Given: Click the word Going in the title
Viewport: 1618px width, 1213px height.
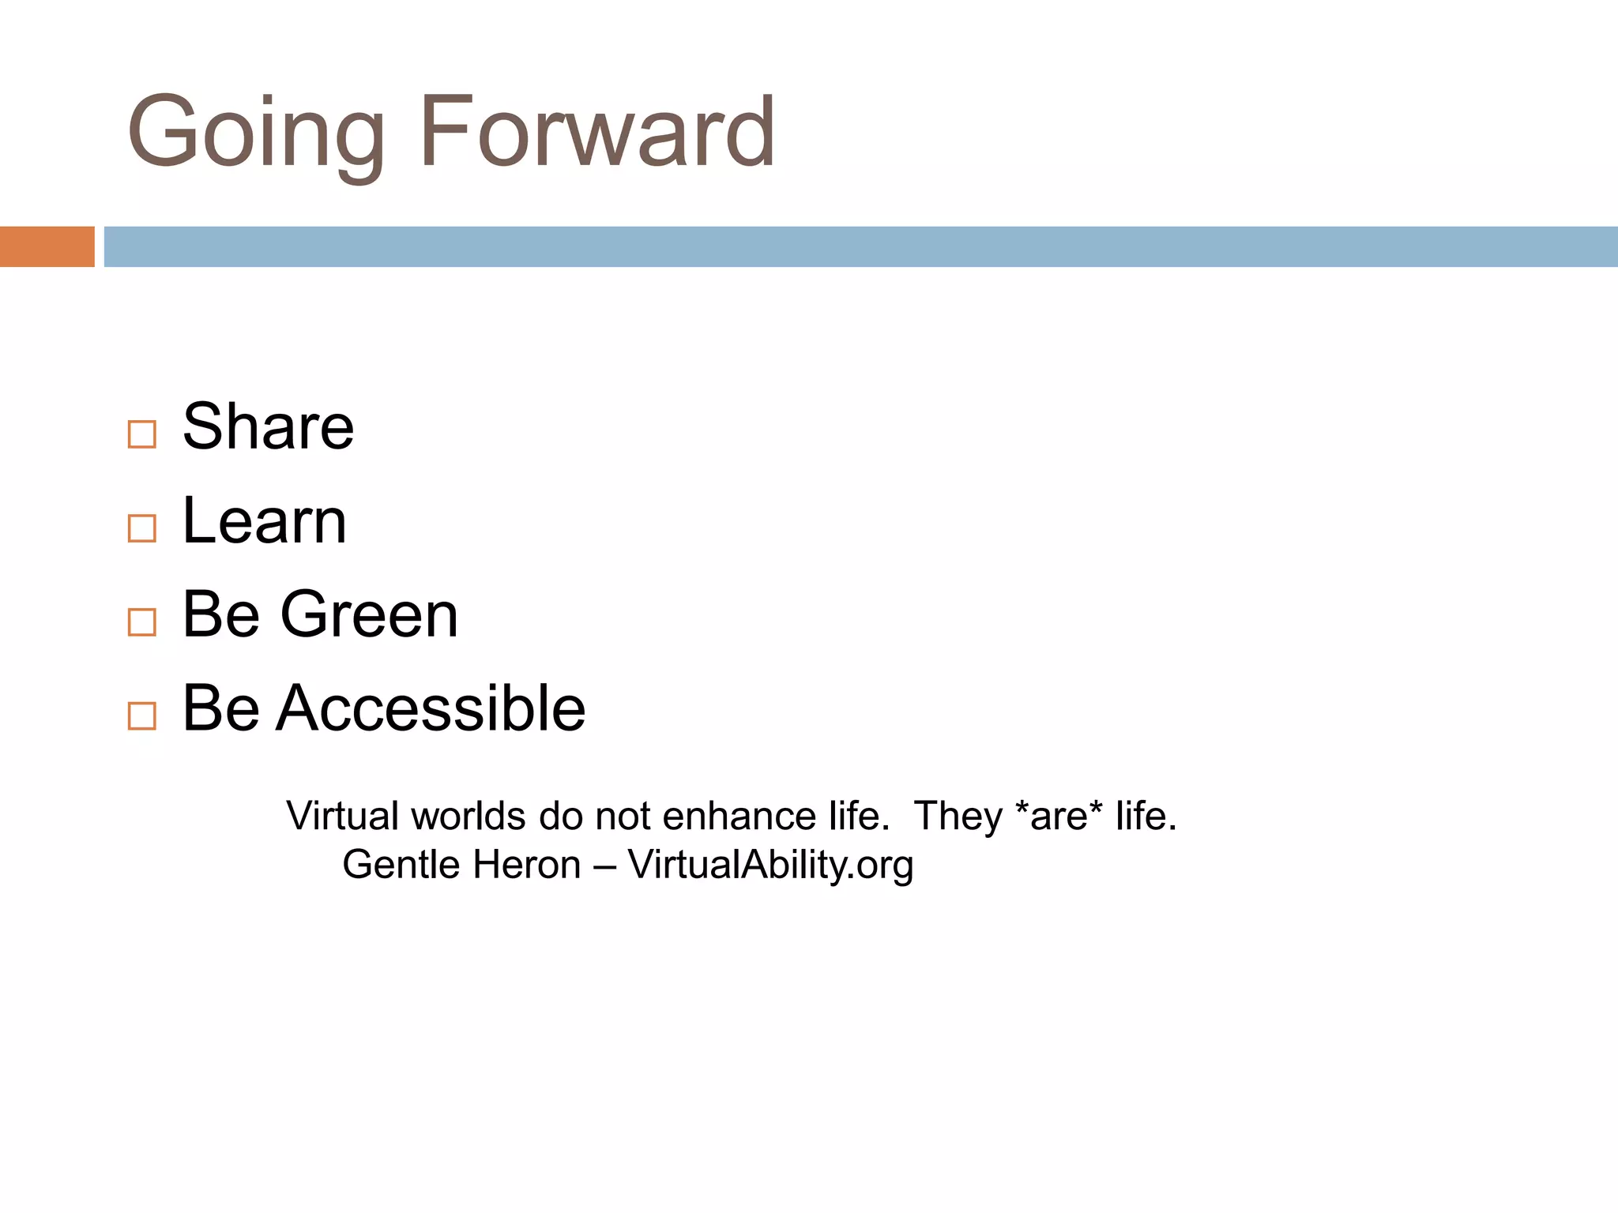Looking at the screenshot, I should [x=254, y=133].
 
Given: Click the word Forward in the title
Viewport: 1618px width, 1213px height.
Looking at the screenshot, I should [x=596, y=133].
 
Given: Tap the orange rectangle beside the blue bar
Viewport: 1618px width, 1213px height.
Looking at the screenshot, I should [x=47, y=246].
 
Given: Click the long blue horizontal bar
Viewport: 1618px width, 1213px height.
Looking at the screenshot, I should [x=860, y=246].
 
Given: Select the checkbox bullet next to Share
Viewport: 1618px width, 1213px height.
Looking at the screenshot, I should [x=141, y=434].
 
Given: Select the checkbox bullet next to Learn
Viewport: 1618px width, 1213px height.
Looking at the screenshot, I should [x=141, y=528].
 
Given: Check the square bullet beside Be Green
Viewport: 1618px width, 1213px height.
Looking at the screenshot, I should [x=141, y=622].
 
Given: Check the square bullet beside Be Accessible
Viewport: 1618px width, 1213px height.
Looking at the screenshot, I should [x=141, y=715].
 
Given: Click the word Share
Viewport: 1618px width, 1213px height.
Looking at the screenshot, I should [x=268, y=427].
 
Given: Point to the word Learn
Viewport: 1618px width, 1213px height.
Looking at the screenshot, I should [x=264, y=521].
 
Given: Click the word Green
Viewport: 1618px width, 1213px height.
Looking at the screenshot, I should [x=369, y=615].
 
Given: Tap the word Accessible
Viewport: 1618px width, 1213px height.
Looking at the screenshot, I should [x=431, y=708].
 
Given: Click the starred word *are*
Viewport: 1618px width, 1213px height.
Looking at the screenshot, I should [x=1058, y=816].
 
